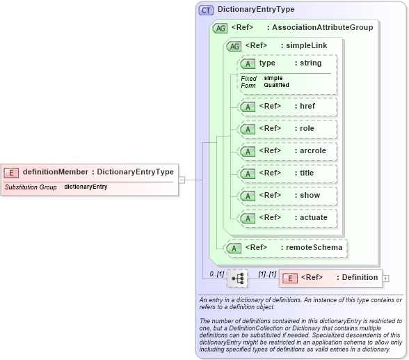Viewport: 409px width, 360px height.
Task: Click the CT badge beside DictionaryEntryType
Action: [206, 10]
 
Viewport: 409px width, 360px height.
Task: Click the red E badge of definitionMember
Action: [11, 172]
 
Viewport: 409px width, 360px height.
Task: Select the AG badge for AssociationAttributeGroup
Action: [220, 28]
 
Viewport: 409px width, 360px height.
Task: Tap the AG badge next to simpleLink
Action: [234, 46]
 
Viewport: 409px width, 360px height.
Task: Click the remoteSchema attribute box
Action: [287, 247]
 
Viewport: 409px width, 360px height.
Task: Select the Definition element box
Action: [330, 278]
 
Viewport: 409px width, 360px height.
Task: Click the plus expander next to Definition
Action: [386, 279]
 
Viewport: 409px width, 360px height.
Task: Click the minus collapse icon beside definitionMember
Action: [181, 179]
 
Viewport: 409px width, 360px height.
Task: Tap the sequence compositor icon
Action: [237, 279]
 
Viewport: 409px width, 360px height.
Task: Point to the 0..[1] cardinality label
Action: [216, 274]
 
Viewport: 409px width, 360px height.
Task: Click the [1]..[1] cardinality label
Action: [267, 274]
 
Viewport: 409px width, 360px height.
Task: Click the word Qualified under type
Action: [276, 85]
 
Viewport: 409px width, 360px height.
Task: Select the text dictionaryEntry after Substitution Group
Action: [86, 187]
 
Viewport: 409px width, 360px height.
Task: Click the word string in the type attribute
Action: [310, 63]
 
